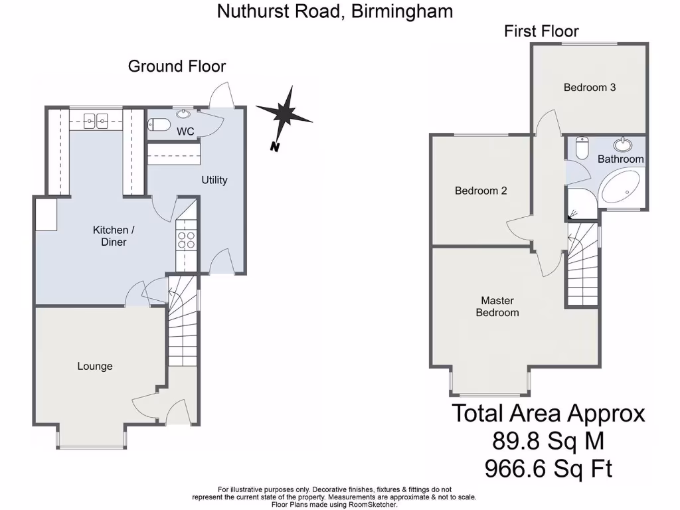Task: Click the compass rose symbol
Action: (284, 114)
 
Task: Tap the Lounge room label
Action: (95, 366)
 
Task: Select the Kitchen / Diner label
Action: (114, 236)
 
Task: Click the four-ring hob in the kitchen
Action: (186, 239)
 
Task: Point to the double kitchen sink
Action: (97, 120)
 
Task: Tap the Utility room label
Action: (214, 180)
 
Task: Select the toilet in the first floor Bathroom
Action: (582, 148)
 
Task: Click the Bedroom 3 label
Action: (590, 87)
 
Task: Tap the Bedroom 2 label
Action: (481, 191)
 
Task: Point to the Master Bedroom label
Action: (497, 306)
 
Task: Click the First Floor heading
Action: (541, 31)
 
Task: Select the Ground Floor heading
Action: (177, 66)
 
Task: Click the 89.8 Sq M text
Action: (548, 440)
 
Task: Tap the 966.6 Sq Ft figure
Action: (548, 469)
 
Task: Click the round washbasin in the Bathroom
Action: (623, 144)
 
